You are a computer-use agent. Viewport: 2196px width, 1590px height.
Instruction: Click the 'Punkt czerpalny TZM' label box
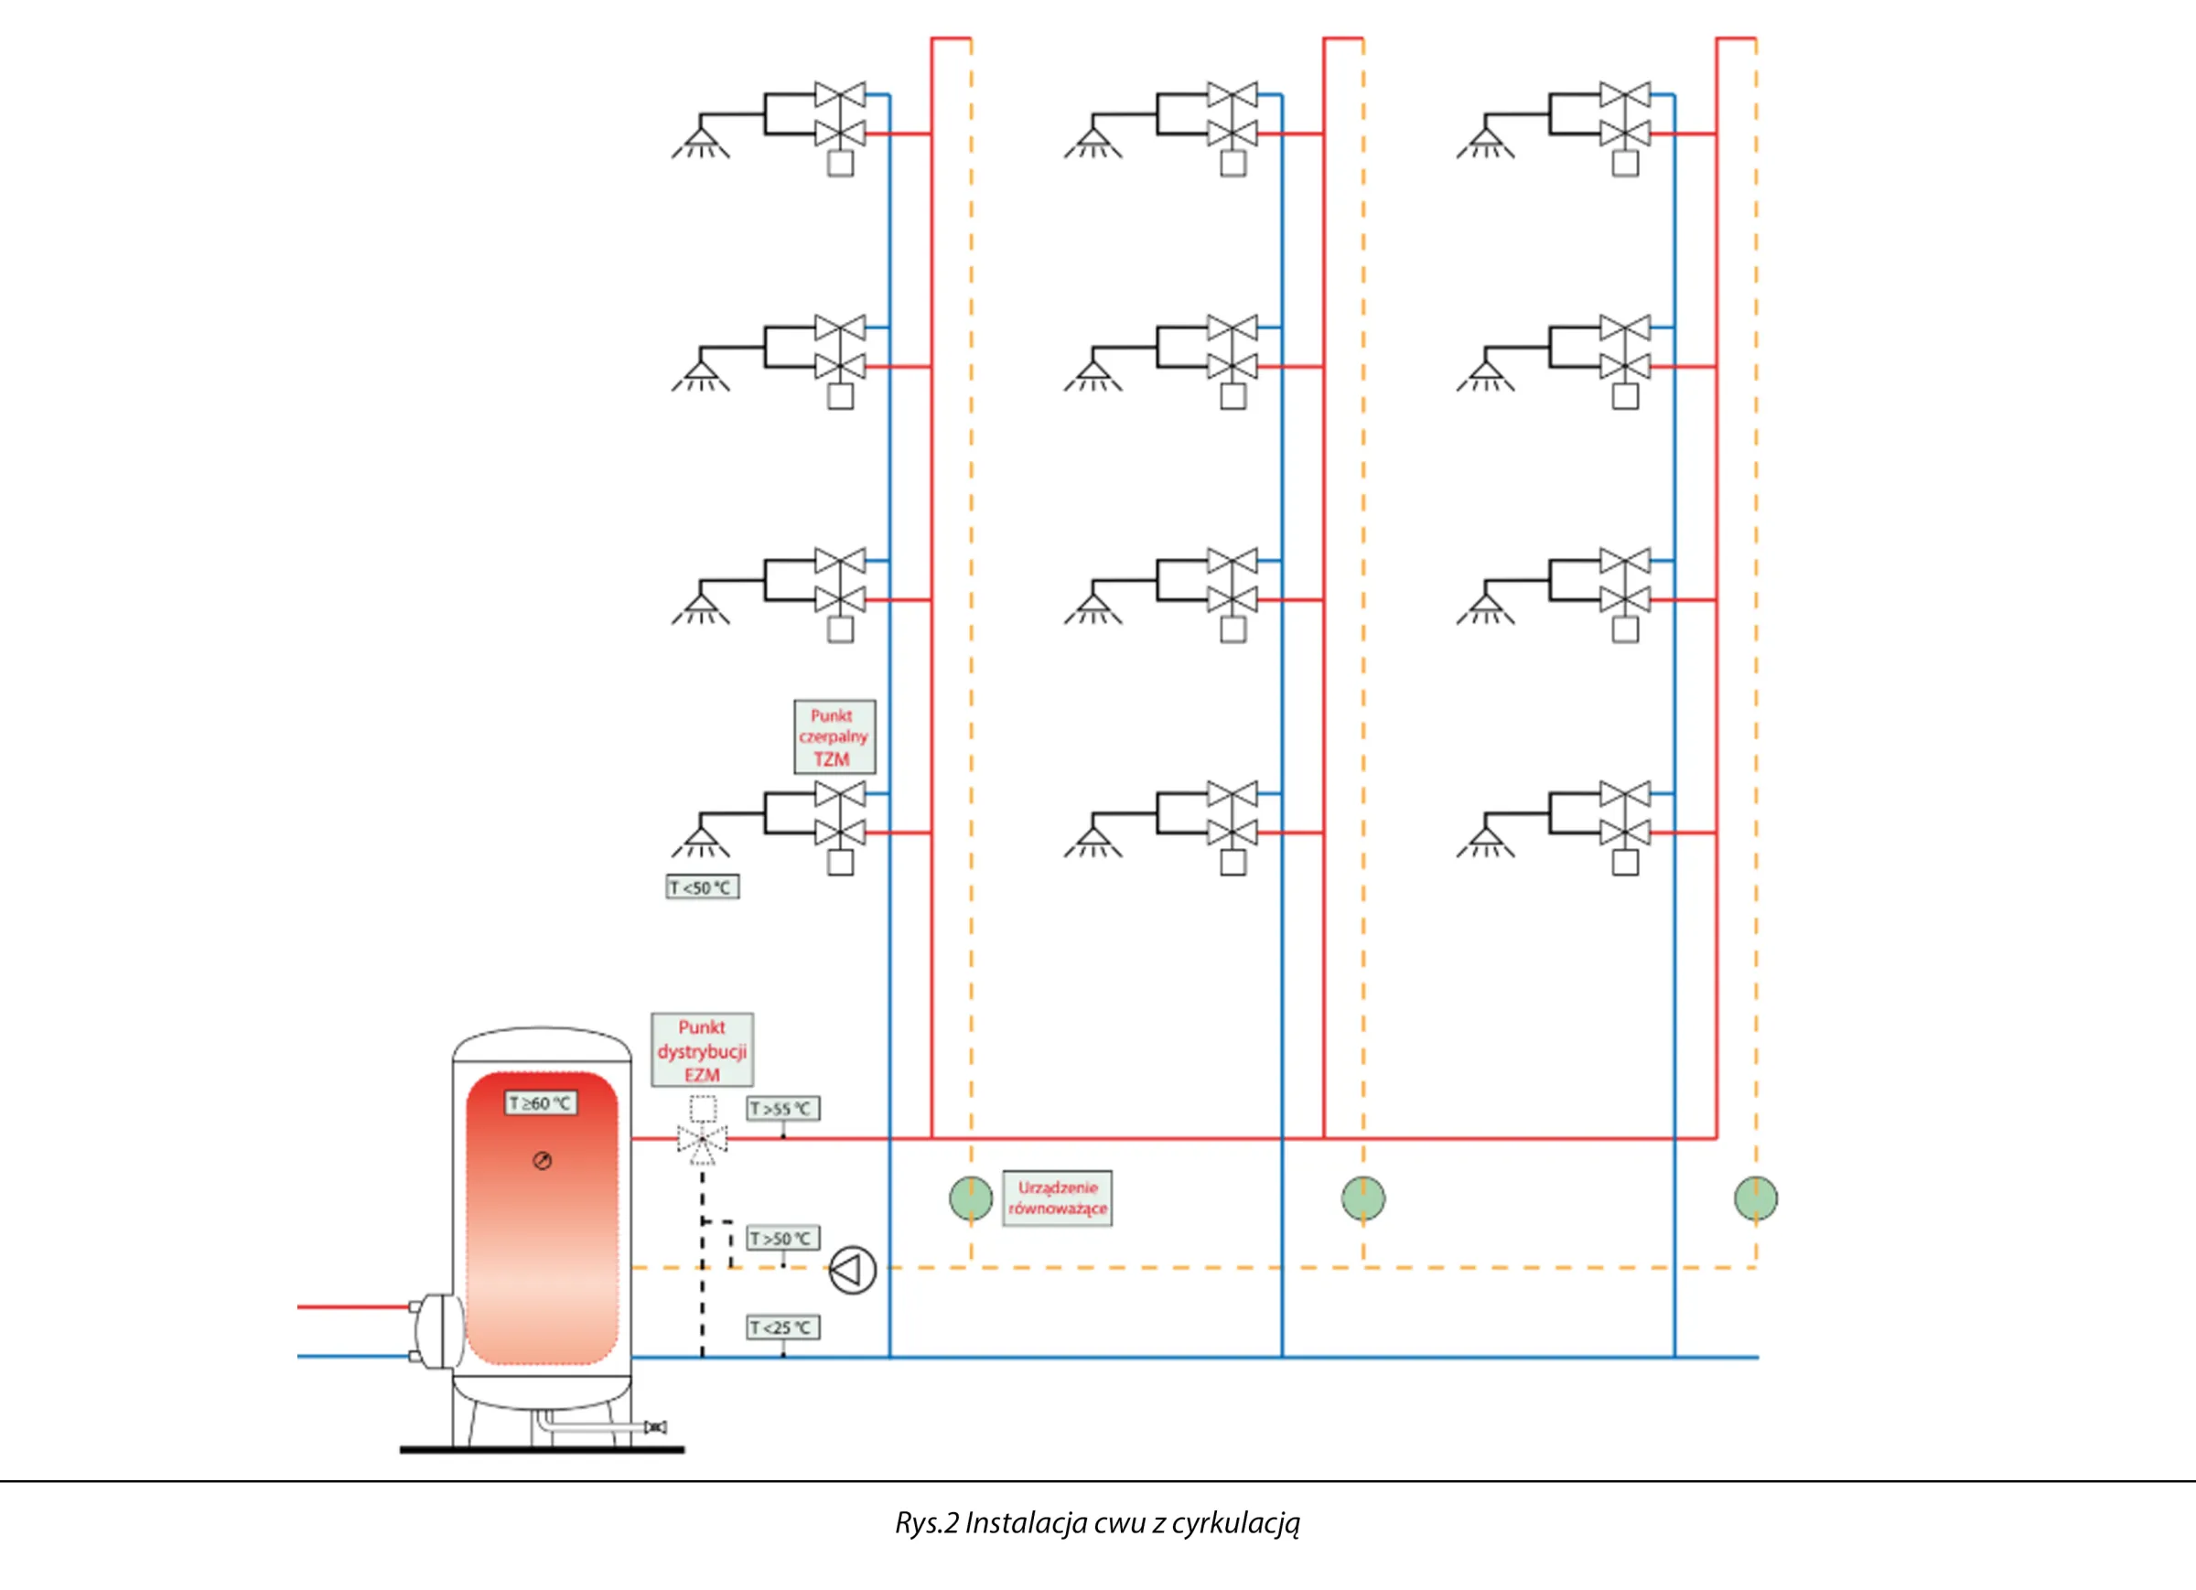[834, 736]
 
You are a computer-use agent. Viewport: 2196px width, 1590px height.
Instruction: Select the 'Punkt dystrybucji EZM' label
[702, 1050]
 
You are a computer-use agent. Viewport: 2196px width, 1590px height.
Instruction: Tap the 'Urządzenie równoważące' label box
[1058, 1198]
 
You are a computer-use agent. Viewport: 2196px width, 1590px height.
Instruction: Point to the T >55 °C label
[783, 1109]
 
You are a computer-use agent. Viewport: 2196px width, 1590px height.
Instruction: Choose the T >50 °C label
[783, 1239]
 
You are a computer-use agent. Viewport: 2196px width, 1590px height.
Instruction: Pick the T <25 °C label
[783, 1327]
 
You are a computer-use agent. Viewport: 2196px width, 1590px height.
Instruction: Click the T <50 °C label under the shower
[703, 887]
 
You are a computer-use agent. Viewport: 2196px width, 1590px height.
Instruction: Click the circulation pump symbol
[852, 1271]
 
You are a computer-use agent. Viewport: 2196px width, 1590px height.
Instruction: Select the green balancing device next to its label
[970, 1198]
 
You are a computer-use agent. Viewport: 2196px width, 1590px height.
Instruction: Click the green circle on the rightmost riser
[1756, 1198]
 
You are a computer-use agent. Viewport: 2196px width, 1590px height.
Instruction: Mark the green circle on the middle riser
[1363, 1198]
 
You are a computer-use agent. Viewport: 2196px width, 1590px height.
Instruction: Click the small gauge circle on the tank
[543, 1161]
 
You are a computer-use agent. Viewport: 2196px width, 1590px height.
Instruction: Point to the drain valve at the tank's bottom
[655, 1427]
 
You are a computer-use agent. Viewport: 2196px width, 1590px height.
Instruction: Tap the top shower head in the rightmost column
[1485, 143]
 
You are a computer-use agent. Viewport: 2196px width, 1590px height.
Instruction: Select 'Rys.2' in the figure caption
[927, 1523]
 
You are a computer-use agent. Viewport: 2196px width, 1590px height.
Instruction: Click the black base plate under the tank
[543, 1450]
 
